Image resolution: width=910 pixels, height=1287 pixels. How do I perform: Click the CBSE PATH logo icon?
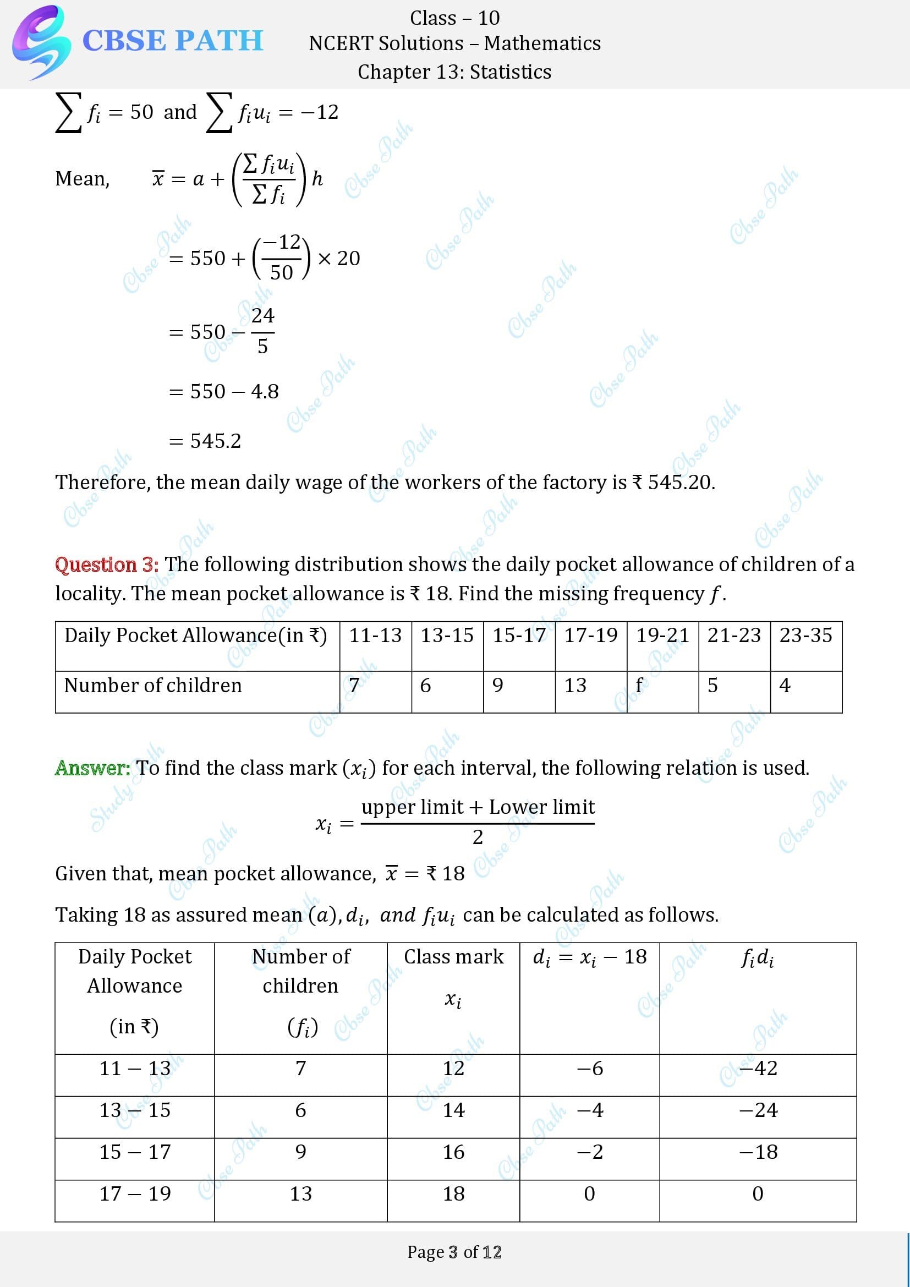(x=40, y=42)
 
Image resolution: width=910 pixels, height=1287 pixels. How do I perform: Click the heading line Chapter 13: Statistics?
(x=454, y=72)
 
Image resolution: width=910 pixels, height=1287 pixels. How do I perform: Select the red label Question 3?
(x=107, y=564)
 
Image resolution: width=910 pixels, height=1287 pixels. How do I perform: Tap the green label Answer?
(x=92, y=768)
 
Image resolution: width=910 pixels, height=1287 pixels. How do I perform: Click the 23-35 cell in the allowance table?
(x=806, y=635)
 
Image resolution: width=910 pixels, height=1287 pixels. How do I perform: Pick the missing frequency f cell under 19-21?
(x=639, y=685)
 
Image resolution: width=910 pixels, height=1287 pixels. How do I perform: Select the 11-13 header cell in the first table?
(x=375, y=635)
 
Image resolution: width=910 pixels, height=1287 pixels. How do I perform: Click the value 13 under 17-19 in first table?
(x=575, y=685)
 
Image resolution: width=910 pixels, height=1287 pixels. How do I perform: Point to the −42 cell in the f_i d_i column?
(x=758, y=1068)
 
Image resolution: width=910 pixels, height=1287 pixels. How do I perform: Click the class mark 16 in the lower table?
(x=453, y=1152)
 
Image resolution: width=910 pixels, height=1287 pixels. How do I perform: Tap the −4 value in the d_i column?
(x=589, y=1110)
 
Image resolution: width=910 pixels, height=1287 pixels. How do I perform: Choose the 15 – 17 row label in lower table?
(x=135, y=1152)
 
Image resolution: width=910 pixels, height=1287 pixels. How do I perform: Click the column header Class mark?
(x=453, y=957)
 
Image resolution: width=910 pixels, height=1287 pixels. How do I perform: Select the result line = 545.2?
(x=205, y=441)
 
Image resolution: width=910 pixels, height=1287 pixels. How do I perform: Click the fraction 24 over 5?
(x=262, y=331)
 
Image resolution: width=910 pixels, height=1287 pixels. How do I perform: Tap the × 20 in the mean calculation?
(x=338, y=259)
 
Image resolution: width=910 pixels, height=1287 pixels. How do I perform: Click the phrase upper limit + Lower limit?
(x=478, y=807)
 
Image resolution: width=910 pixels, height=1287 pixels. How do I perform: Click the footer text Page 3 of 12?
(x=454, y=1252)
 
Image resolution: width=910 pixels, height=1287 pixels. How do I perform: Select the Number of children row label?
(x=153, y=685)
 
